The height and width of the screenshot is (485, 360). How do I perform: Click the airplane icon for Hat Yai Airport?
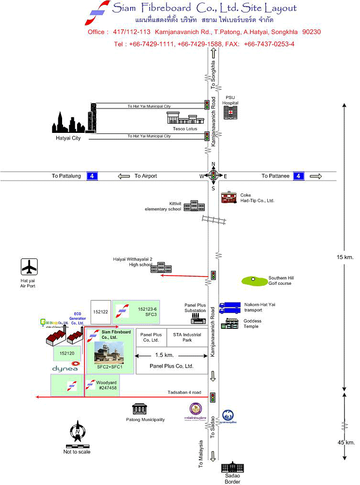coord(30,267)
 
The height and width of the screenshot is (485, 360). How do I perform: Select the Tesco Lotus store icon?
coord(182,118)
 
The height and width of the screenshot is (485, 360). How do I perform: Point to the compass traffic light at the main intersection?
coord(213,175)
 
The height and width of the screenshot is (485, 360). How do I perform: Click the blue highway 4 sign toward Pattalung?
coord(92,176)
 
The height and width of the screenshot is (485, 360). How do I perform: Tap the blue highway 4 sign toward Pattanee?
coord(299,176)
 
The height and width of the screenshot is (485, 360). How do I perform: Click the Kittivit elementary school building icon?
coord(194,206)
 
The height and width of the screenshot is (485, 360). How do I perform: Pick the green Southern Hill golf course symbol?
coord(254,280)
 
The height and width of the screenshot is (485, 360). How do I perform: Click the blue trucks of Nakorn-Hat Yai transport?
coord(229,307)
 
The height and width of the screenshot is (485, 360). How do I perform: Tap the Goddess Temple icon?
coord(230,323)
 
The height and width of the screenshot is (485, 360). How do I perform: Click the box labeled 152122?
coord(100,312)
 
